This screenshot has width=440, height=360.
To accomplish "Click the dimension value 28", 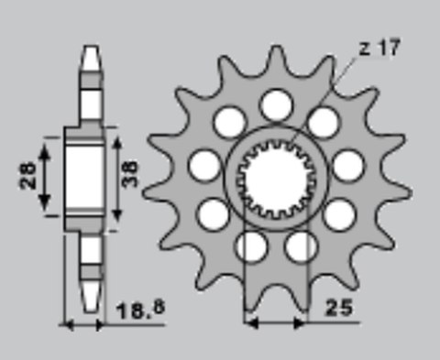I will (x=28, y=175).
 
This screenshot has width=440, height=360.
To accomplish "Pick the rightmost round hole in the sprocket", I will (x=346, y=167).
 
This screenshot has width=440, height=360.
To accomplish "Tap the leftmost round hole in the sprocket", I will (x=204, y=165).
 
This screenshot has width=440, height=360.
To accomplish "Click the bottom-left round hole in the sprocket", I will (x=250, y=245).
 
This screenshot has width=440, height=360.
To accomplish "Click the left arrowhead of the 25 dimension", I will (x=248, y=322).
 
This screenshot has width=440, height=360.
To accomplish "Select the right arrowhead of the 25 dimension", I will (x=302, y=322).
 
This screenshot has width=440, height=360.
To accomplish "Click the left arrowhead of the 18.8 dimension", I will (x=64, y=322).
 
